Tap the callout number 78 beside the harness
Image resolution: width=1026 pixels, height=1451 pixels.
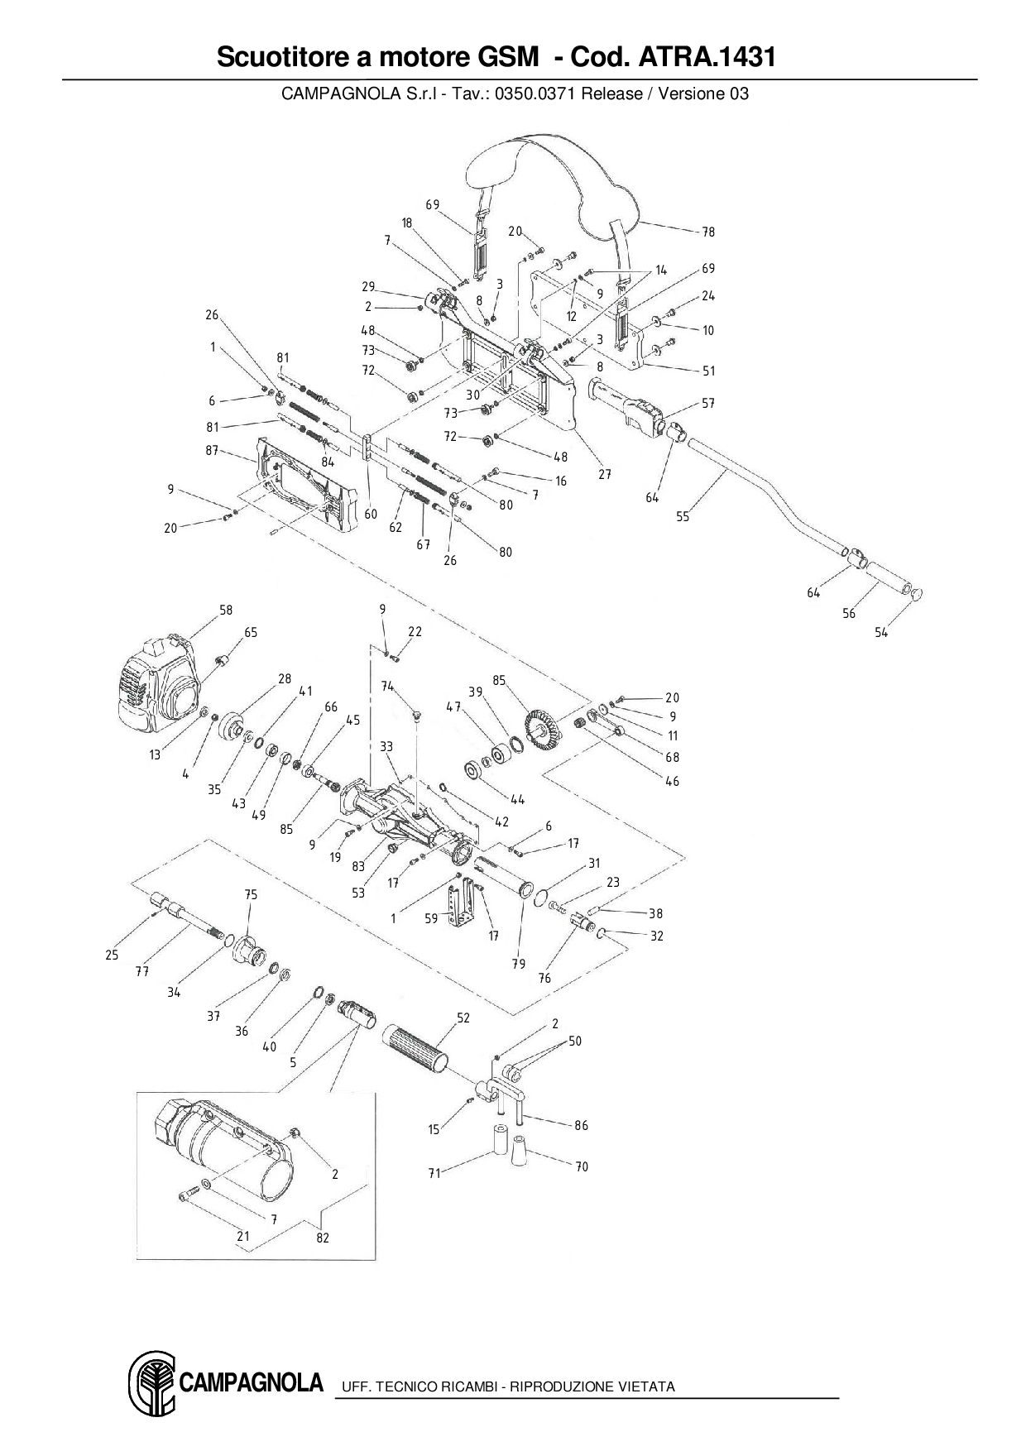(708, 232)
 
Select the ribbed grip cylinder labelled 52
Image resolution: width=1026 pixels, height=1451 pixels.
(418, 1051)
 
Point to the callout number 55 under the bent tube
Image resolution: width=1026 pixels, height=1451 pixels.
(683, 517)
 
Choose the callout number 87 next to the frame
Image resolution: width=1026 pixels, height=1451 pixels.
(211, 450)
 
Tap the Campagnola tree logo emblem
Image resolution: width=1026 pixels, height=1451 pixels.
(151, 1385)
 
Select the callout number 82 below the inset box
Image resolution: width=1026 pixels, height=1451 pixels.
(323, 1238)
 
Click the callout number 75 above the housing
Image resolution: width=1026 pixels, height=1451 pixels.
(251, 894)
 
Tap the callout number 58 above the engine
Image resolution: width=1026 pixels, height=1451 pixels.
(226, 610)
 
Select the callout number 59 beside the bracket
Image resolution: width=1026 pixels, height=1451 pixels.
(431, 918)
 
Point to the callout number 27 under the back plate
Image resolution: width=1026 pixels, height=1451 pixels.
(605, 474)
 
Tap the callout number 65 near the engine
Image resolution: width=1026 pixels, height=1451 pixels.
(250, 632)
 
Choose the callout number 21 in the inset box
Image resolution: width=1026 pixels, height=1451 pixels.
(242, 1237)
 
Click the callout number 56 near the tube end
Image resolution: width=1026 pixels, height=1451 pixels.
(849, 613)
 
